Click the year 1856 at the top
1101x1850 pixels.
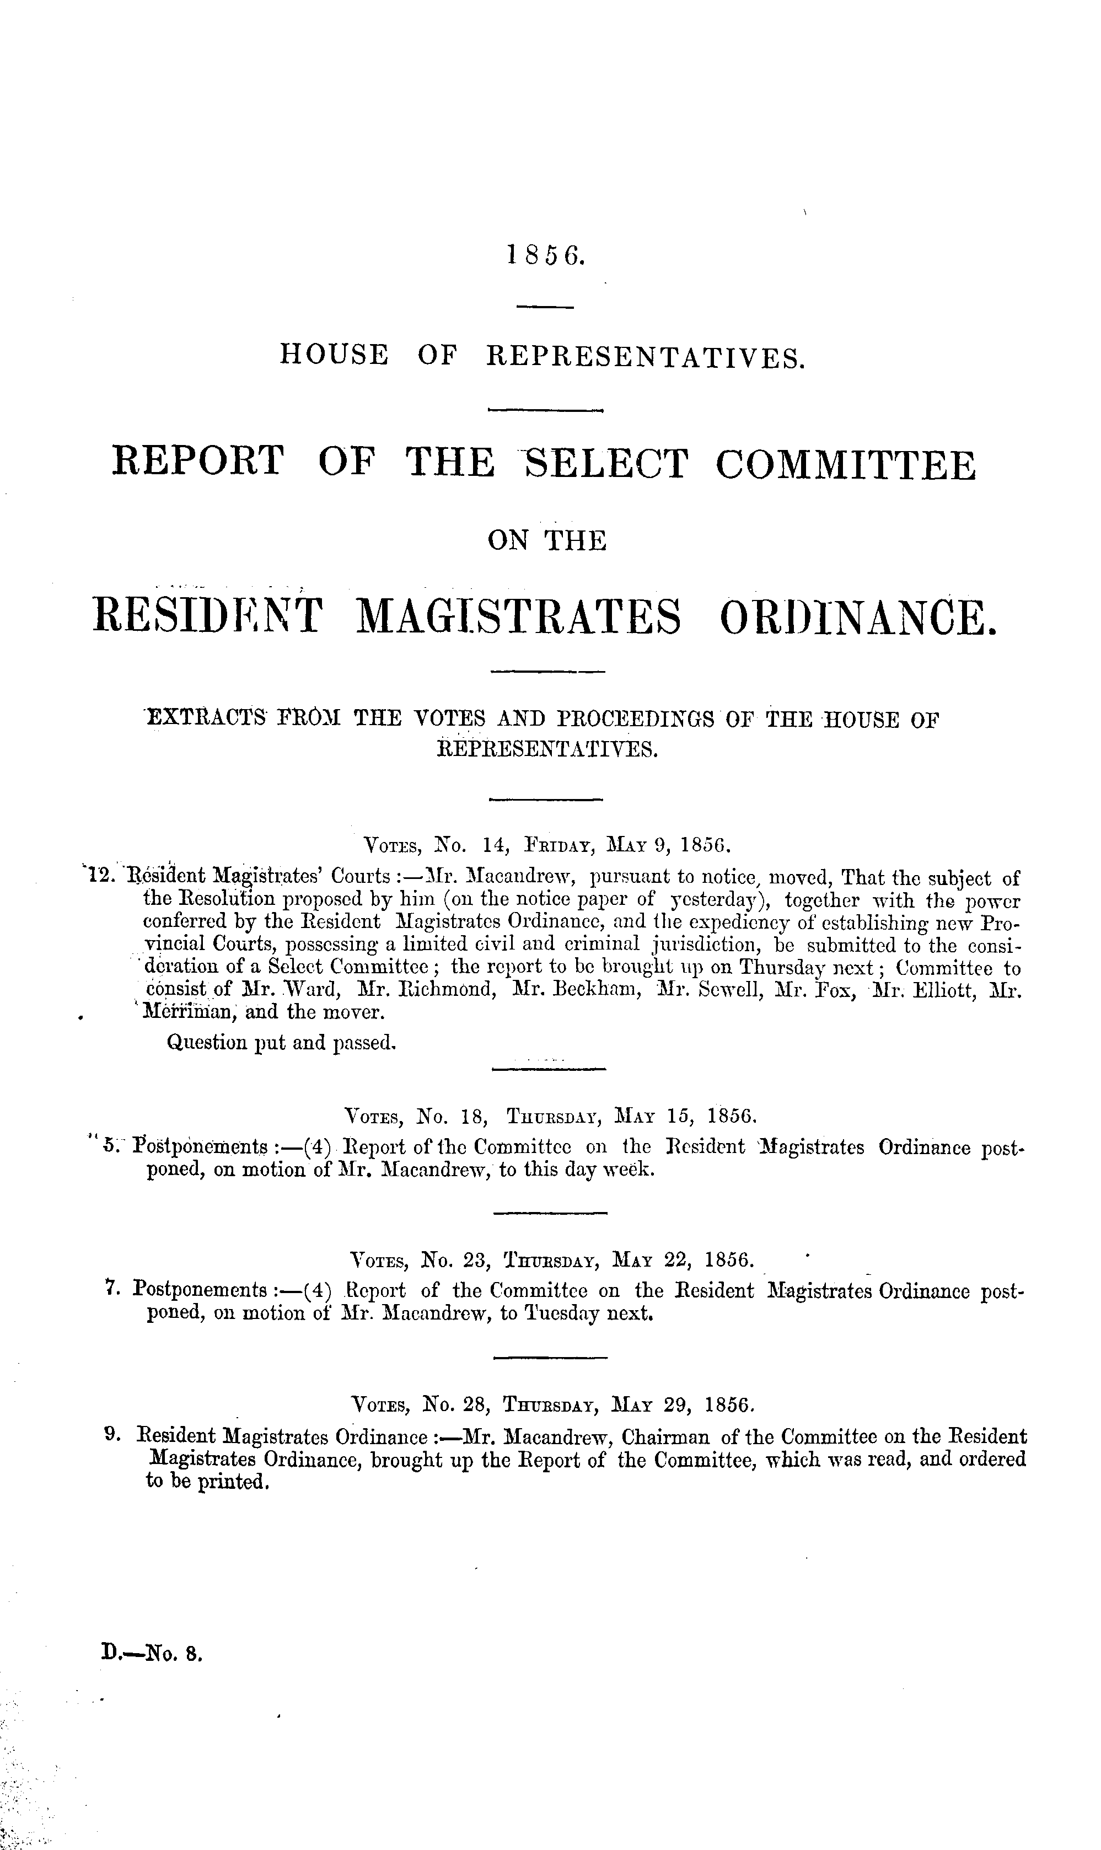point(547,255)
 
